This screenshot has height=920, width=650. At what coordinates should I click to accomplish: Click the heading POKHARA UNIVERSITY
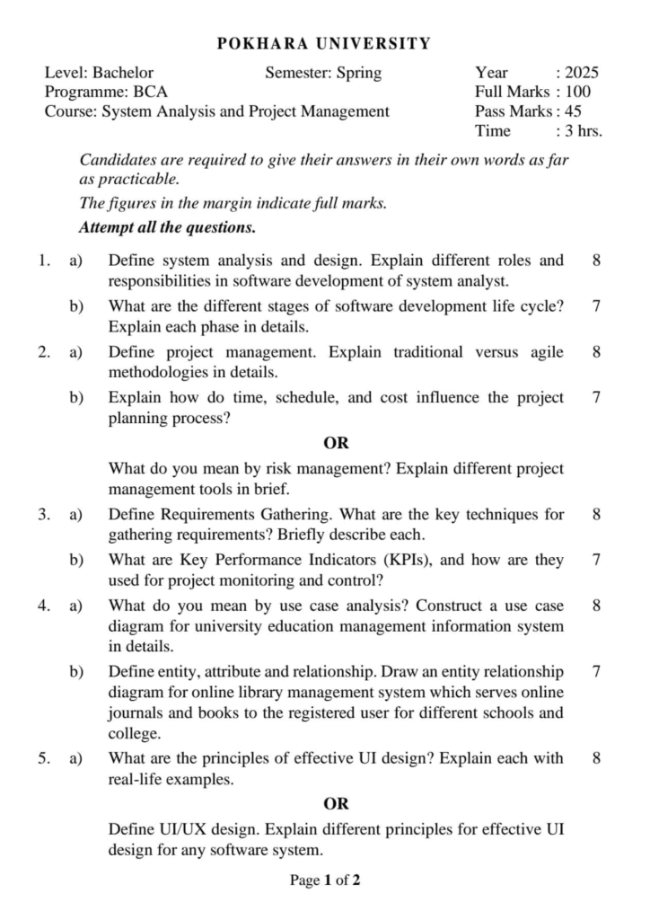324,43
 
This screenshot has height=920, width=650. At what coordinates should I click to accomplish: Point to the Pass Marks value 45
573,111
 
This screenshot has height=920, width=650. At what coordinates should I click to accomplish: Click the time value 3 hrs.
584,131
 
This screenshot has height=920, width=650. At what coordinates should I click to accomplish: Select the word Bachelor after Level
123,73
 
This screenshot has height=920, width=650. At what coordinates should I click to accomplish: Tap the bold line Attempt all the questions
168,227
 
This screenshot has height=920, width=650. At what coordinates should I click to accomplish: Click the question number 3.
43,515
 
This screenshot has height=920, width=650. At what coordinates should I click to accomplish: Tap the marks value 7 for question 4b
597,671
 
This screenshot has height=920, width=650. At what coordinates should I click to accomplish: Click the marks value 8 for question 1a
597,261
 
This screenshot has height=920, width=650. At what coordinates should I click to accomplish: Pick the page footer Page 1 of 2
325,880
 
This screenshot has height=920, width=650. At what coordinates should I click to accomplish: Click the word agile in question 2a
546,352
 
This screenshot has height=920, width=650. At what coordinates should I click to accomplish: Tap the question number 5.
43,759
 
